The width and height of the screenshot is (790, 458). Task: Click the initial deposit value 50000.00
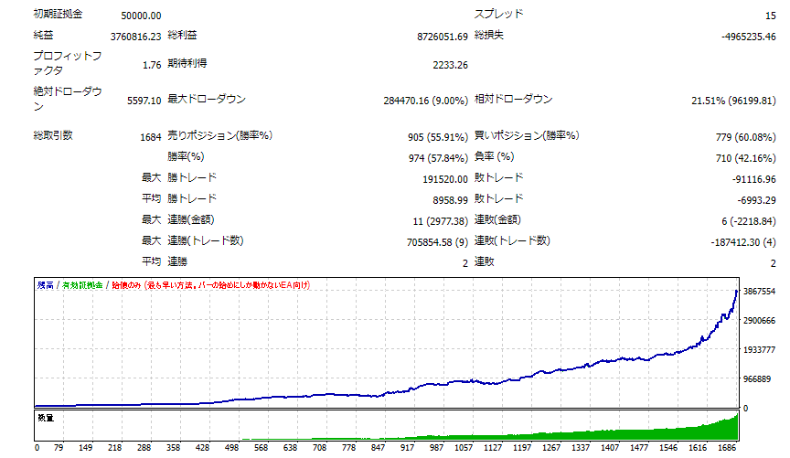[x=141, y=16]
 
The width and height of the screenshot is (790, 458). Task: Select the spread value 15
[x=770, y=16]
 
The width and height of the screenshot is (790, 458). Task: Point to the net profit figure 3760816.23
[x=128, y=37]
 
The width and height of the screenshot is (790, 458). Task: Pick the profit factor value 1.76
[x=152, y=65]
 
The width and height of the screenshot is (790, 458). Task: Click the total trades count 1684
[x=150, y=137]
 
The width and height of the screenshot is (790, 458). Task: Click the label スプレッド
[x=499, y=15]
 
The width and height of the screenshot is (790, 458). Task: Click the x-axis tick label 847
[x=377, y=449]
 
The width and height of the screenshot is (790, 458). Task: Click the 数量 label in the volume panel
[x=46, y=418]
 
